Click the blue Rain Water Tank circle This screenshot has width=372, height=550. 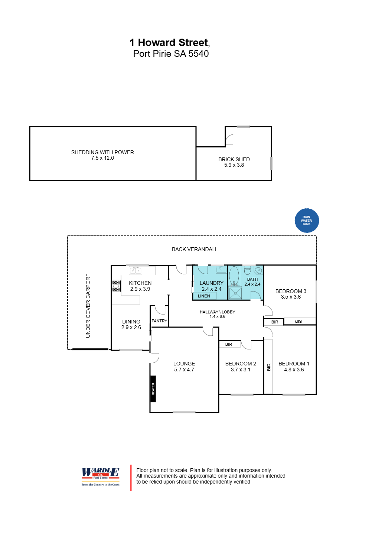307,220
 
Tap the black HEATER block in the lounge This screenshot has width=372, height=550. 153,389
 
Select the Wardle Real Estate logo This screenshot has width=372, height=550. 100,476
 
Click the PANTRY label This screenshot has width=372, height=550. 159,320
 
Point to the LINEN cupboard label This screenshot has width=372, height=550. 204,296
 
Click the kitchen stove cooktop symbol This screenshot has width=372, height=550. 116,286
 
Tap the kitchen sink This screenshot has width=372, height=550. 135,270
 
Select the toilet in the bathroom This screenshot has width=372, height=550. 247,270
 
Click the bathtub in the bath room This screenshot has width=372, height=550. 234,276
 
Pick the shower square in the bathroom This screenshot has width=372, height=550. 235,293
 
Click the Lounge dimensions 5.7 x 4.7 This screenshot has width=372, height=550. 184,370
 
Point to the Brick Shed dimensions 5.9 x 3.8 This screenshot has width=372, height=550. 234,165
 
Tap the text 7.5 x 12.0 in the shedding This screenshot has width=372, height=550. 102,158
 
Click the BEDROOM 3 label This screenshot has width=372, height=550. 291,291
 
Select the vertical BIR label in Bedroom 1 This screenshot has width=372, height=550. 269,367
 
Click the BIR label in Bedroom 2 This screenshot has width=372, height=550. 228,344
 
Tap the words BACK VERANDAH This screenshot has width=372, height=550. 194,249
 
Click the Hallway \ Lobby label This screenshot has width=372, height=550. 218,312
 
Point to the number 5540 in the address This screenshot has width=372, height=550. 199,54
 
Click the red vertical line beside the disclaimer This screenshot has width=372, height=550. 131,478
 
